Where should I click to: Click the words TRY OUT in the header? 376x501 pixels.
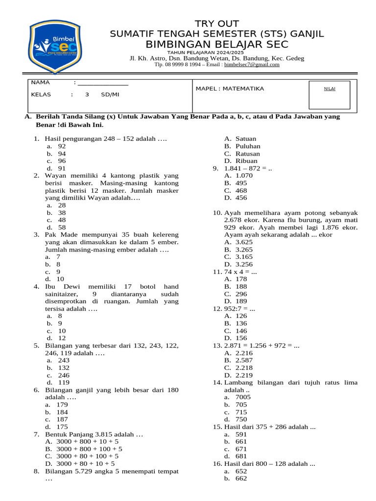216,24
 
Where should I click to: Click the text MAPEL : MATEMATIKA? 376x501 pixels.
230,89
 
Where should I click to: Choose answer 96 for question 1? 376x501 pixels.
61,161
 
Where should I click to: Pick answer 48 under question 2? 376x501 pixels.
61,220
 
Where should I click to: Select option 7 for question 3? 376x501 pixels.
58,257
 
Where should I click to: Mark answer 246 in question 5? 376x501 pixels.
63,375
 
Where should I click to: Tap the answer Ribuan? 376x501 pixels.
246,161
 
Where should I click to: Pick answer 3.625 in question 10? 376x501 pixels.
244,242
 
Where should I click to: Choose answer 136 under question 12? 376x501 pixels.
241,323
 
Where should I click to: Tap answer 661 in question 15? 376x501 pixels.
241,441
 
